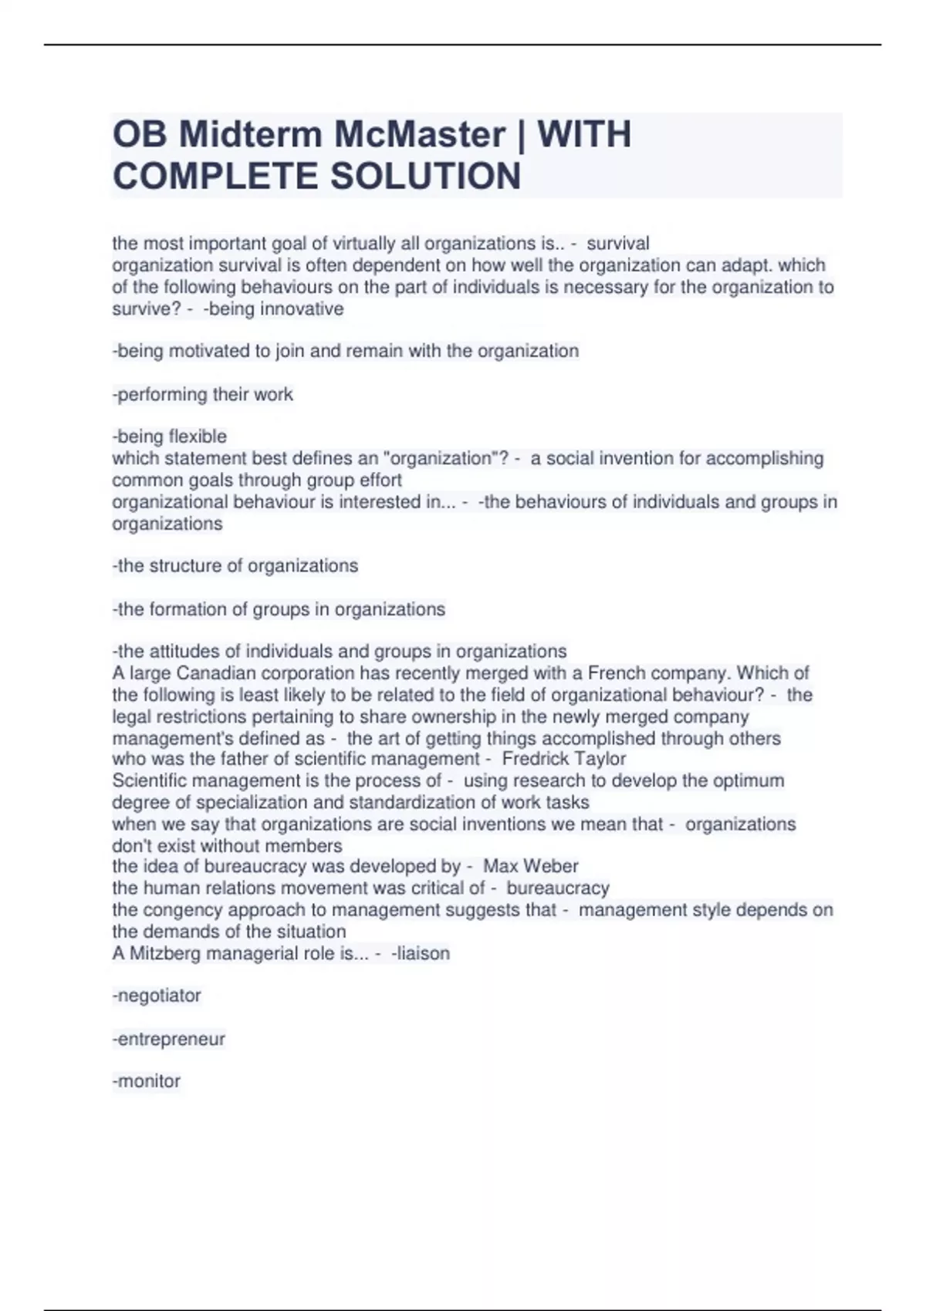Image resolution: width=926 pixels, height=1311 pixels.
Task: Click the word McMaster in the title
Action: click(x=420, y=134)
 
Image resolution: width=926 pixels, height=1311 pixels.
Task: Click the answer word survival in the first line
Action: click(x=618, y=244)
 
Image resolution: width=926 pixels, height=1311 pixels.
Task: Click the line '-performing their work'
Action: click(x=203, y=395)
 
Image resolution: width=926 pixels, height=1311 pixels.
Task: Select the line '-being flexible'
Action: click(x=170, y=436)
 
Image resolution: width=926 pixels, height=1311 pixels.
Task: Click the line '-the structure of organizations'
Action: click(x=235, y=566)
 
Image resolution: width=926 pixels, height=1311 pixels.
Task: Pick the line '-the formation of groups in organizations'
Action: click(x=279, y=609)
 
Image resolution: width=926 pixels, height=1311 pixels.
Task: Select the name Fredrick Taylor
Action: click(x=564, y=759)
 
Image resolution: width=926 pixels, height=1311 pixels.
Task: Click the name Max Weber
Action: click(x=531, y=866)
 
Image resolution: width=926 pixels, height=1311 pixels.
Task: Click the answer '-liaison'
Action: click(x=421, y=953)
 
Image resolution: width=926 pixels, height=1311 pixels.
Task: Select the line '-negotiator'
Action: click(x=157, y=996)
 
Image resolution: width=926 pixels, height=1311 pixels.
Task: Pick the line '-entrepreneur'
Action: click(x=169, y=1039)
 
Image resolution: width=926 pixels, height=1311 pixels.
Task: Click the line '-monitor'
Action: click(x=147, y=1081)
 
